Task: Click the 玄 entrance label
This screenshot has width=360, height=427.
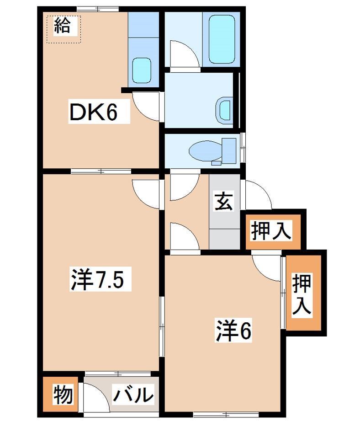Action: tap(224, 201)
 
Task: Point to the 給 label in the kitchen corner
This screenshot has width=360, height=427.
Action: tap(63, 27)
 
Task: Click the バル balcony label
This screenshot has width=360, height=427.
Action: tap(133, 394)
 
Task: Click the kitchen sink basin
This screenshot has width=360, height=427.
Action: tap(141, 70)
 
